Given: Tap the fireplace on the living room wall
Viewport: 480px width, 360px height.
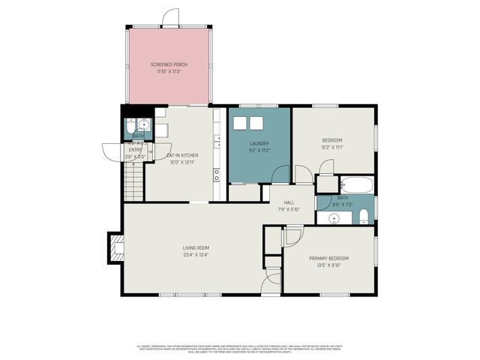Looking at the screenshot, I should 116,247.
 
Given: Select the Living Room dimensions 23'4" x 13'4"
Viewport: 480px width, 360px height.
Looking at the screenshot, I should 196,254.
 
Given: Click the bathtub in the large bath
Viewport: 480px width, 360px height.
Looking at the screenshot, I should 355,184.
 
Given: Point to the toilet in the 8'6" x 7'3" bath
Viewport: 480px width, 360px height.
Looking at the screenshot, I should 364,217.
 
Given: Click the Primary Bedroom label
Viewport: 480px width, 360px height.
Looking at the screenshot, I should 328,258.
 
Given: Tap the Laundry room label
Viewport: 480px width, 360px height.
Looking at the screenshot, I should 259,143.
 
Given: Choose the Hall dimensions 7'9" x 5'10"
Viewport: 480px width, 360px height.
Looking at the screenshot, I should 289,209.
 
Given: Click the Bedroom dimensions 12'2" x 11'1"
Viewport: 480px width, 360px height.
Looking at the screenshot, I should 332,148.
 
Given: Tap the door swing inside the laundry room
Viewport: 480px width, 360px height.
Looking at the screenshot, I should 280,175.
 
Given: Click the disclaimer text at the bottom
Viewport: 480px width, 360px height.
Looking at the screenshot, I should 239,348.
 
